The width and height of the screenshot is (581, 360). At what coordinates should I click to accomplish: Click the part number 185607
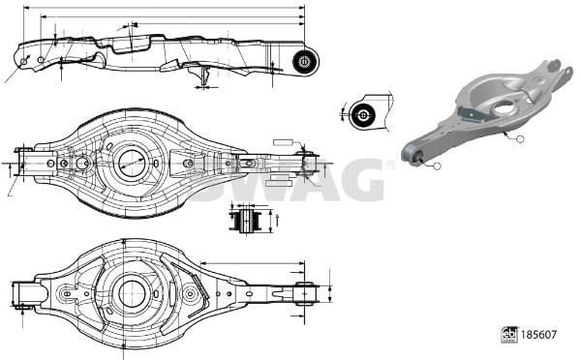point(538,335)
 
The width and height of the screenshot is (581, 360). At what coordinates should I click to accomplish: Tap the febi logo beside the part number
point(509,335)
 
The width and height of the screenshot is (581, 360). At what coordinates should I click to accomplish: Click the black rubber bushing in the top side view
point(305,61)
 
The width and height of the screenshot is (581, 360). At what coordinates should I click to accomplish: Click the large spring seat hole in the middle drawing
point(132,164)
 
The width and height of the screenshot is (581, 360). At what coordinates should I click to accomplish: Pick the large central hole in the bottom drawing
point(132,293)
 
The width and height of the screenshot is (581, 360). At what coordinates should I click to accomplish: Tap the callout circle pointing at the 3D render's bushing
point(438,166)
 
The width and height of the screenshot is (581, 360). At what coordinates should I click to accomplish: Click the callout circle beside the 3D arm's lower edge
point(520,139)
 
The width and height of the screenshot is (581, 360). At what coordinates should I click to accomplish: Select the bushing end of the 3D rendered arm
point(412,153)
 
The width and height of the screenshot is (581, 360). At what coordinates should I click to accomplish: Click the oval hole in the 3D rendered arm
point(504,107)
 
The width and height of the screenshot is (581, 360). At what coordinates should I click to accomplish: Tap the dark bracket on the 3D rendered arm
point(472,114)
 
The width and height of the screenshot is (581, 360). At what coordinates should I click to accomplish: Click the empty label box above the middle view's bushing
point(283,142)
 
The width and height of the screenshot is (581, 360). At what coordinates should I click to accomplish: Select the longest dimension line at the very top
point(165,7)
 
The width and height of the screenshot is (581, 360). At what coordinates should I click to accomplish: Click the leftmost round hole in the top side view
point(24,61)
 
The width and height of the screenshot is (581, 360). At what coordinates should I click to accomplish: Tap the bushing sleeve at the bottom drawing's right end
point(305,293)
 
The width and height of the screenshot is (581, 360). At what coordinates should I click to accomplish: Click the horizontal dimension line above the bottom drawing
point(253,263)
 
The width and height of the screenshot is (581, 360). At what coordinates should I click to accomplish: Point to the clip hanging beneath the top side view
point(204,75)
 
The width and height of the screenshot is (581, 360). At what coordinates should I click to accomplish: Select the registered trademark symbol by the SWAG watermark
point(389,165)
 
